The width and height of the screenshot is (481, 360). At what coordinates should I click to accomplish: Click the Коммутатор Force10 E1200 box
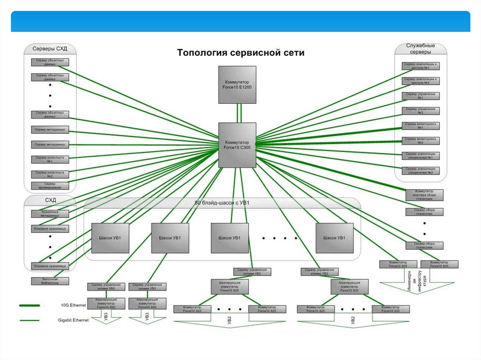click(x=237, y=84)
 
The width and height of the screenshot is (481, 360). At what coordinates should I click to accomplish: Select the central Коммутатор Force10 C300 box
click(x=237, y=145)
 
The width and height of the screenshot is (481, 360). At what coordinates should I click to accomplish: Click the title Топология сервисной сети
click(x=240, y=53)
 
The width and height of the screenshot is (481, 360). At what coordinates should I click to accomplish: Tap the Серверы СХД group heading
click(x=49, y=49)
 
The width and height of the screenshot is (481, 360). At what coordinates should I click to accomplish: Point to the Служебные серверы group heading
click(x=420, y=49)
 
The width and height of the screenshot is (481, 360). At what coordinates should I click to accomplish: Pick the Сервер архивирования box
click(x=50, y=185)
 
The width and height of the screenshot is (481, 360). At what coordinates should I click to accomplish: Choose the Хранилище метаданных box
click(x=50, y=214)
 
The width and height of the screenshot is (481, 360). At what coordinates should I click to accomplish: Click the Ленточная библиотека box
click(x=50, y=281)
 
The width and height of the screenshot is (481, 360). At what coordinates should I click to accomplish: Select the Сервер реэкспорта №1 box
click(x=50, y=160)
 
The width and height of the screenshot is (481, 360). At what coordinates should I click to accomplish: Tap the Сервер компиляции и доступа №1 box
click(x=421, y=66)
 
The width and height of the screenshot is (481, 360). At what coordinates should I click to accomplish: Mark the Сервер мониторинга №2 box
click(x=421, y=140)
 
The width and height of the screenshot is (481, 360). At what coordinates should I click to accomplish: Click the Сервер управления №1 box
click(x=421, y=96)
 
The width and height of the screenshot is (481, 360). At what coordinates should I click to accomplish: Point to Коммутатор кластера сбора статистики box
click(x=425, y=195)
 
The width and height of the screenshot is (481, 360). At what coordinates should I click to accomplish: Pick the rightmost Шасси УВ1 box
click(x=334, y=238)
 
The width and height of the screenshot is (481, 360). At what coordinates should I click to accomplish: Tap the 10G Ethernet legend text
click(x=73, y=306)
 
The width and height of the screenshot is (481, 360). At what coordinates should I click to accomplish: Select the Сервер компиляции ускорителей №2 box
click(x=421, y=171)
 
